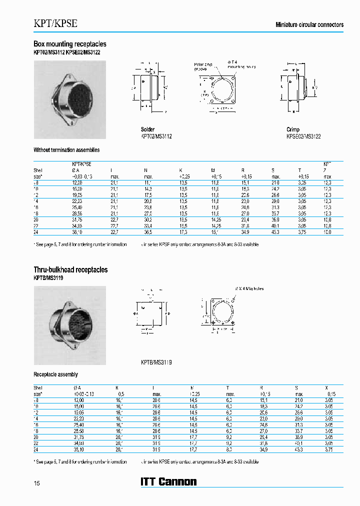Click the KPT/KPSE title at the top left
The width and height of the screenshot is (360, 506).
click(55, 23)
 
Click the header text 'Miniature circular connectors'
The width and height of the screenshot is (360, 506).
click(309, 24)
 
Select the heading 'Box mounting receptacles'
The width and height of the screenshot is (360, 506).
click(69, 44)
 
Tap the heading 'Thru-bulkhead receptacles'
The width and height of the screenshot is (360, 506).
click(70, 270)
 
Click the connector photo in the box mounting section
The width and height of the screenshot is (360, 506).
click(69, 99)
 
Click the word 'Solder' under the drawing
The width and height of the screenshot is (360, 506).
click(147, 129)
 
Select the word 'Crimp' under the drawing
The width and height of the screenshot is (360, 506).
click(293, 129)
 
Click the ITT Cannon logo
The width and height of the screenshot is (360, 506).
click(168, 482)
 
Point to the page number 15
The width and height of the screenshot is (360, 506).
click(36, 482)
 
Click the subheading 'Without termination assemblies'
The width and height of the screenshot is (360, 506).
click(66, 150)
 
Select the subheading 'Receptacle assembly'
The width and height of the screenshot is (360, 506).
click(55, 374)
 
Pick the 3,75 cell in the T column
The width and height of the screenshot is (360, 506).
click(302, 232)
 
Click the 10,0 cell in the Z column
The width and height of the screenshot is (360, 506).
click(327, 232)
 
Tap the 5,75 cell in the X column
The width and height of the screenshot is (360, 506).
click(328, 449)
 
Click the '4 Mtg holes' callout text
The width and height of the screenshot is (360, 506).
click(250, 288)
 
